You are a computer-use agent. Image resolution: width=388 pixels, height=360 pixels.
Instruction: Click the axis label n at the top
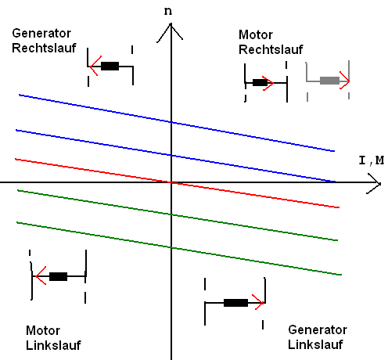tap(168, 11)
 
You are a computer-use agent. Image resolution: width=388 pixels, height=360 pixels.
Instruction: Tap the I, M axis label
tap(372, 160)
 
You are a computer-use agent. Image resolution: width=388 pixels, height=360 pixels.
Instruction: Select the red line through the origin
tap(177, 183)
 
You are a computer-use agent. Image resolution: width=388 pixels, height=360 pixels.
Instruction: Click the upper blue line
tap(177, 123)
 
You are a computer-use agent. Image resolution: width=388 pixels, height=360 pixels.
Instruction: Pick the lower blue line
tap(176, 156)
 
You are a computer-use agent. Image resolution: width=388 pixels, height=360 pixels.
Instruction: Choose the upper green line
tap(178, 215)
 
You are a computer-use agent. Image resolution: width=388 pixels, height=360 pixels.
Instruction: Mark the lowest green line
tap(179, 248)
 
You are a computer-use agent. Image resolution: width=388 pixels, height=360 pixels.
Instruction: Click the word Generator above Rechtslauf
tap(41, 34)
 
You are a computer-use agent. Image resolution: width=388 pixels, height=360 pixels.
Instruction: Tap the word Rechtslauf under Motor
tap(271, 49)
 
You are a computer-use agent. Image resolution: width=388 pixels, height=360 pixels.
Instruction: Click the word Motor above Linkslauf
tap(43, 330)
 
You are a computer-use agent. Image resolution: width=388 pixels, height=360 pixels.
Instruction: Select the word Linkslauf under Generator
tap(315, 344)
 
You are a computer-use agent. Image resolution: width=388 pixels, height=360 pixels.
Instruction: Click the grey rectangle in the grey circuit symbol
tap(329, 81)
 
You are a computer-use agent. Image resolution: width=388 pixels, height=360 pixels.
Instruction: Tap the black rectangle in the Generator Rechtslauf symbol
tap(110, 66)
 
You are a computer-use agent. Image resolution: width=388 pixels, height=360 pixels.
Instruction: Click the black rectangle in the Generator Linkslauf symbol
tap(235, 303)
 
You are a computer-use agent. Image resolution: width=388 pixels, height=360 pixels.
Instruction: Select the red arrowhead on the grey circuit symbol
tap(345, 81)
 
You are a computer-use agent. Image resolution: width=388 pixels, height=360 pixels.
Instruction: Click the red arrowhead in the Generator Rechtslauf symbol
tap(95, 66)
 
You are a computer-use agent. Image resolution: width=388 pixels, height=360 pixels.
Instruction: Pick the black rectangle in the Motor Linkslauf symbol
tap(58, 276)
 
